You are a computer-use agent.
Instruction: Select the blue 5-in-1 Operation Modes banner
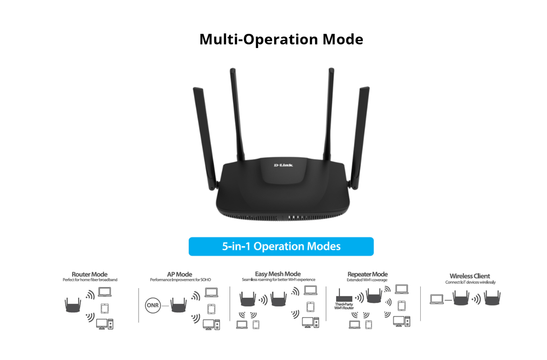pos(281,247)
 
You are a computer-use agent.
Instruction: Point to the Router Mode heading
pos(90,274)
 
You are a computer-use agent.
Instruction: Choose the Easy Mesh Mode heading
pos(278,274)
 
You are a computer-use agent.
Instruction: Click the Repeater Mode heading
pos(367,274)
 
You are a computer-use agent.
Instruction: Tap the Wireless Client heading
pos(470,276)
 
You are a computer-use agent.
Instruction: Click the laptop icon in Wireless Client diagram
pos(437,300)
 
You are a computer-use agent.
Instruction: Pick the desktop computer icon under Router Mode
pos(104,323)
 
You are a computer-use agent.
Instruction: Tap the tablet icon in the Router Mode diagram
pos(105,307)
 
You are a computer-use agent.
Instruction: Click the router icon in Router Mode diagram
pos(73,305)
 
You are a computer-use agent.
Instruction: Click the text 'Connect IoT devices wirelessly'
pos(470,282)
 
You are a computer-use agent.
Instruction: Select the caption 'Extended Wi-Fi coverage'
pos(367,280)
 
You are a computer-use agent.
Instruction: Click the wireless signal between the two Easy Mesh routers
pos(263,300)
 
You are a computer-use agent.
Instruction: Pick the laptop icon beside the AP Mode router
pos(211,292)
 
